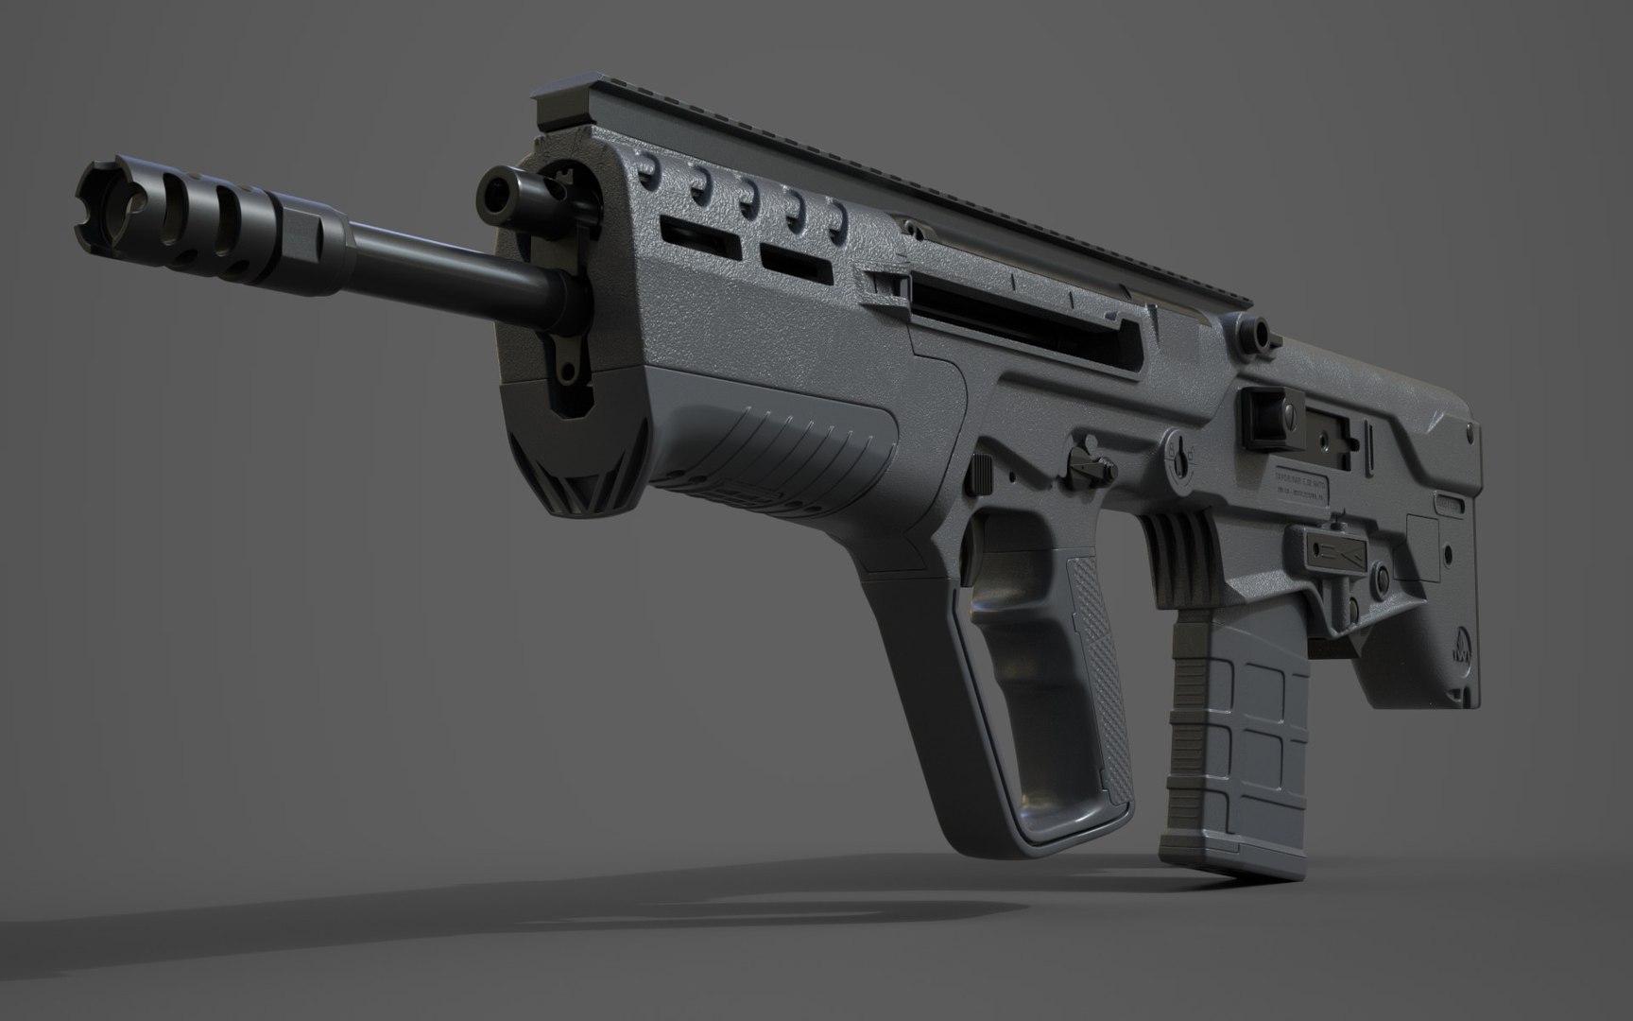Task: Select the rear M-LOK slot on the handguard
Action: coord(797,264)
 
